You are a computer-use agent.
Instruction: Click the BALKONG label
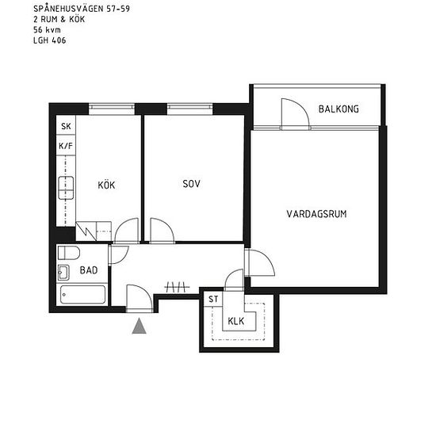click(338, 109)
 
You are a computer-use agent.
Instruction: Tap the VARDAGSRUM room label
click(316, 214)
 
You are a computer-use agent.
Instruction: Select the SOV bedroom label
click(191, 184)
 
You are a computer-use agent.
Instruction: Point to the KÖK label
click(106, 185)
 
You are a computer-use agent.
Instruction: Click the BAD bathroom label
click(89, 270)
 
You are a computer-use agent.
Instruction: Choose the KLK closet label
click(235, 321)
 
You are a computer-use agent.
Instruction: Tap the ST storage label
click(213, 299)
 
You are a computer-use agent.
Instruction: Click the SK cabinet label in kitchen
click(66, 126)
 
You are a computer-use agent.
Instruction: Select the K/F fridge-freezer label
click(66, 146)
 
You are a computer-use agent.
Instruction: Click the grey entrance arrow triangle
click(139, 327)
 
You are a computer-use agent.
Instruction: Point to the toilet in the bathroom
click(69, 253)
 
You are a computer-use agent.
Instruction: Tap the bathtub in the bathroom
click(83, 294)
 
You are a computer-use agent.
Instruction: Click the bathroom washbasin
click(63, 273)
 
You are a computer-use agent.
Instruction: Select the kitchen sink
click(66, 188)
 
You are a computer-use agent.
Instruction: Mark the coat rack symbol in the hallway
click(177, 287)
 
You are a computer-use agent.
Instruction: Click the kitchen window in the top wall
click(112, 109)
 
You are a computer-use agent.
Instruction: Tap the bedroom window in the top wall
click(190, 109)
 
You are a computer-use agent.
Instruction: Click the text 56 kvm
click(47, 30)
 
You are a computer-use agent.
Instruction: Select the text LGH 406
click(49, 40)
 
